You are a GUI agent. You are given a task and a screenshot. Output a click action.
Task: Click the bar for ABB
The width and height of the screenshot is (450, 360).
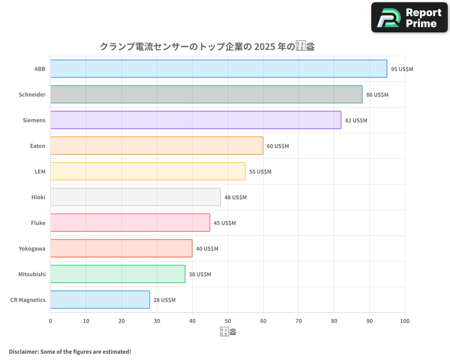[x=218, y=69]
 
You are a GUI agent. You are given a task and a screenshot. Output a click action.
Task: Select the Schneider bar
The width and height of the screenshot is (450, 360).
[x=206, y=94]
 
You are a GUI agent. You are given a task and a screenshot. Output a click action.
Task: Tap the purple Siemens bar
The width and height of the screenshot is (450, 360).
[x=195, y=120]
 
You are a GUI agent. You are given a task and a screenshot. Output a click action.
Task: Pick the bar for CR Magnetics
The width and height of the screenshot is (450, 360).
[x=100, y=300]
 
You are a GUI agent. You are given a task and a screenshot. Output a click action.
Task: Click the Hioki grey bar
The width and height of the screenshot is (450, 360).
[x=135, y=197]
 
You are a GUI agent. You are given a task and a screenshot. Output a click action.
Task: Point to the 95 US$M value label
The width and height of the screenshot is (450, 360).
[x=402, y=69]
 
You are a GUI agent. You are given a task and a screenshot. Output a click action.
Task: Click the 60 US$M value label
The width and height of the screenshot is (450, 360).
[x=278, y=146]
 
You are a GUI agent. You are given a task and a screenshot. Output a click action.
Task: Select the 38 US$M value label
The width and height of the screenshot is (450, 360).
[x=200, y=274]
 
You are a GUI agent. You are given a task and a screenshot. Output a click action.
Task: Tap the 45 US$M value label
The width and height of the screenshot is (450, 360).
[x=225, y=223]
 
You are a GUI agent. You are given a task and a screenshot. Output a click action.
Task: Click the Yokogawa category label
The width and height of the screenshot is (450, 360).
[x=32, y=249]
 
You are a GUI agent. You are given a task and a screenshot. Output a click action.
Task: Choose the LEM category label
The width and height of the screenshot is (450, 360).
[x=40, y=172]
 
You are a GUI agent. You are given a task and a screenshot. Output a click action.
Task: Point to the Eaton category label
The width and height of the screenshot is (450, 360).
[x=38, y=146]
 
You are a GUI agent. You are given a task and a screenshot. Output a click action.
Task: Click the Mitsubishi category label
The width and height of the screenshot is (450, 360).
[x=32, y=274]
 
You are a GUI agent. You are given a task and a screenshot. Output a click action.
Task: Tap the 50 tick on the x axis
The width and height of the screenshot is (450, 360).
[x=228, y=321]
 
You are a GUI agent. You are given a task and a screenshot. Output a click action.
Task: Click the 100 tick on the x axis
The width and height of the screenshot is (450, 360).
[x=405, y=321]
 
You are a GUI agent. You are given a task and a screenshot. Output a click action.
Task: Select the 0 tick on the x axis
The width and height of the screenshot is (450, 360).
[x=50, y=321]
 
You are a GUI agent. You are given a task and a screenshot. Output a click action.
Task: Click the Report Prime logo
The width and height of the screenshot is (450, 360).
[x=409, y=18]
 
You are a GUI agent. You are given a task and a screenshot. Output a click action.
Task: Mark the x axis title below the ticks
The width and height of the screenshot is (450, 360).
[x=228, y=332]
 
